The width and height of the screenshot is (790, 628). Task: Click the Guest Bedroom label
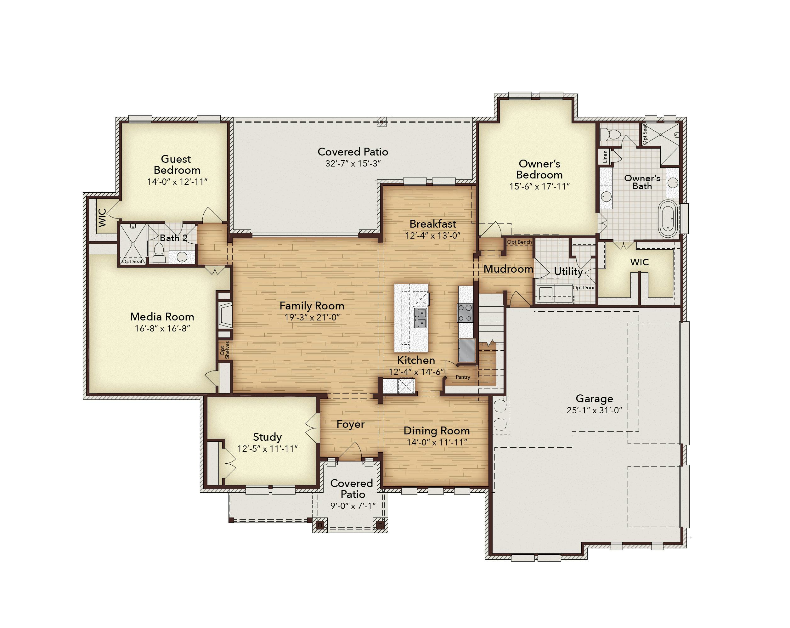click(x=177, y=165)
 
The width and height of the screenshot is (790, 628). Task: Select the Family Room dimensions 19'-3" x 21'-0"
click(x=312, y=317)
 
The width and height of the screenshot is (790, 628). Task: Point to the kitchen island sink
click(x=420, y=318)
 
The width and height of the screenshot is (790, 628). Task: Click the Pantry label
click(x=463, y=377)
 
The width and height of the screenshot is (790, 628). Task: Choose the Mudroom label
click(x=508, y=269)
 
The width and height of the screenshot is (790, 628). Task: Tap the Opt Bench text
click(x=520, y=242)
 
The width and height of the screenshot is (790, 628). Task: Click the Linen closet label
click(x=605, y=156)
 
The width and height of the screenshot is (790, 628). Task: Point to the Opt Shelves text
click(x=225, y=350)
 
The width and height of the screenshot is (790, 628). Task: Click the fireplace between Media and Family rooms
click(x=225, y=315)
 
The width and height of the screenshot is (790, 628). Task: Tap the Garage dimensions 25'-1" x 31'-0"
click(x=594, y=410)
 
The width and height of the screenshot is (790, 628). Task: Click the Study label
click(x=268, y=437)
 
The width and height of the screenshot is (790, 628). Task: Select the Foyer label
click(x=351, y=424)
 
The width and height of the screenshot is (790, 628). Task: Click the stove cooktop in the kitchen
click(x=465, y=313)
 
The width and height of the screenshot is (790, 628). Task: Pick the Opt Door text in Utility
click(x=584, y=288)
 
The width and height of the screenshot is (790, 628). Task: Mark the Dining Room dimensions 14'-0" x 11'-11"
click(x=437, y=443)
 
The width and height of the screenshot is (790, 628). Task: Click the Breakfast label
click(x=433, y=224)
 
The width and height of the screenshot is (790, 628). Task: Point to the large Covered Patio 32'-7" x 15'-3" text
click(x=353, y=157)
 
